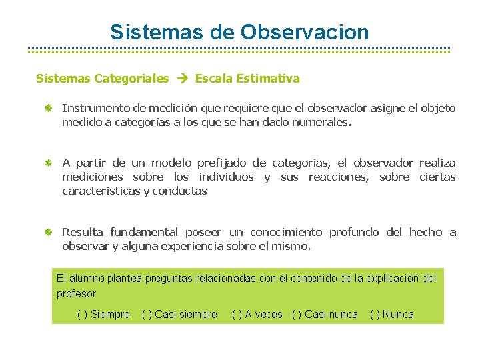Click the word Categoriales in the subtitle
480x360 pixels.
point(131,79)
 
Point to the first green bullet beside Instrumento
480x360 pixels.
point(49,108)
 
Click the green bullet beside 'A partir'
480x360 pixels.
point(49,163)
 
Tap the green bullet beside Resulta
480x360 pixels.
point(49,233)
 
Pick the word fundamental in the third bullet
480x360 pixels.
point(144,233)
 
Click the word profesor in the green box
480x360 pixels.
point(77,294)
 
